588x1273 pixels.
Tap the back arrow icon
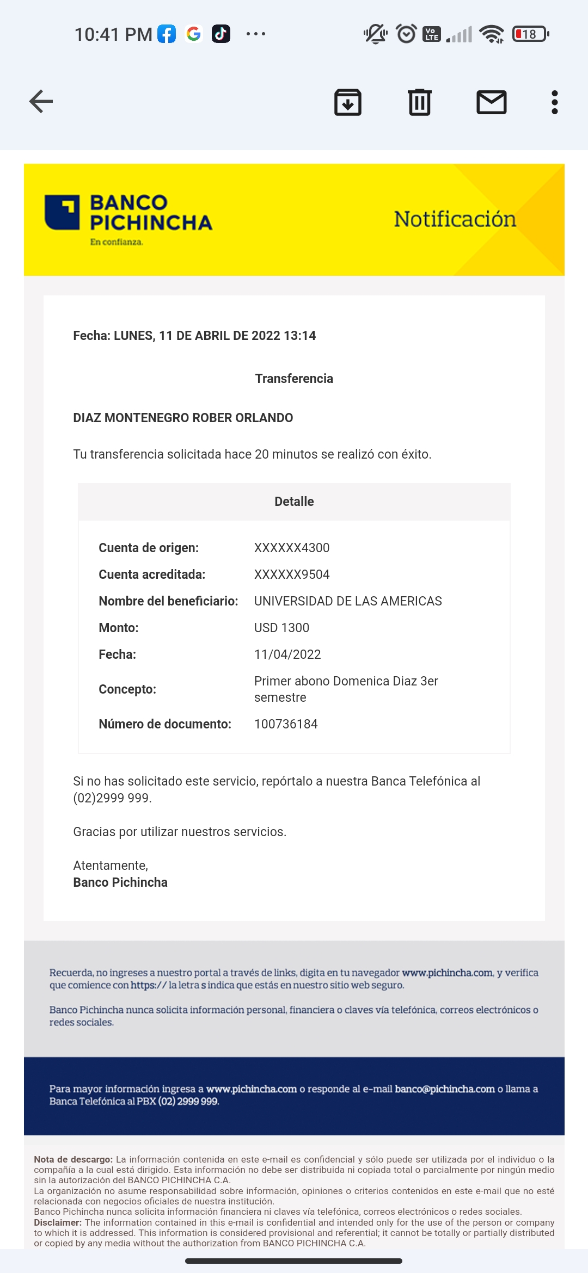click(x=41, y=102)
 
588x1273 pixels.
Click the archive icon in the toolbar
click(x=347, y=102)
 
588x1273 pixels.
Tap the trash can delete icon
click(x=419, y=102)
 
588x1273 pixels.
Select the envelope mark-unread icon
click(x=491, y=102)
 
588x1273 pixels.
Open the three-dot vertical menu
click(x=554, y=102)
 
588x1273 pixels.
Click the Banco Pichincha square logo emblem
click(x=62, y=212)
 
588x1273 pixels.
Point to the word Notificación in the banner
click(x=455, y=219)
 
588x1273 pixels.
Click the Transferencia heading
click(x=294, y=379)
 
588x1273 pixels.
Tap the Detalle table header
click(x=294, y=502)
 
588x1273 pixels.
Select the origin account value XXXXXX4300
click(x=292, y=548)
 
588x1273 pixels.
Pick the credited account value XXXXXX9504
click(x=292, y=574)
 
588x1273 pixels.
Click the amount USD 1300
click(x=281, y=628)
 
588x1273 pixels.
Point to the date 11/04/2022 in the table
click(x=287, y=654)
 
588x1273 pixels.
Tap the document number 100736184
click(x=286, y=724)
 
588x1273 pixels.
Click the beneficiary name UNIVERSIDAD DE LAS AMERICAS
click(x=348, y=601)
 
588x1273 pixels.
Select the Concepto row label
click(x=127, y=689)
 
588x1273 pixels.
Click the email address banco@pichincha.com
click(x=445, y=1089)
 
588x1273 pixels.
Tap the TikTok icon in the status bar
click(x=220, y=34)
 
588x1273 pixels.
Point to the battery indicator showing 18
click(x=530, y=34)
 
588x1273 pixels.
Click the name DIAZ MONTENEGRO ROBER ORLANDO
click(x=183, y=418)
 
